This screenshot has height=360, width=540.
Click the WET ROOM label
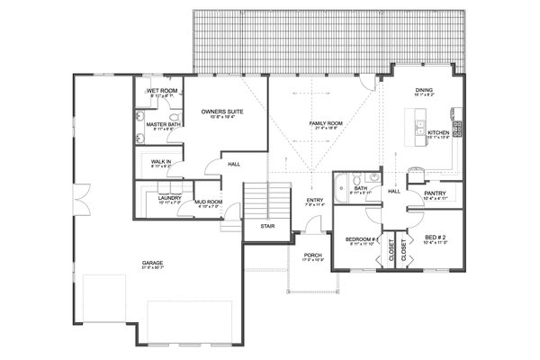tap(161, 91)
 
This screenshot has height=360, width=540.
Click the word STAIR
tap(267, 226)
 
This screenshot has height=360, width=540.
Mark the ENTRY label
tap(314, 201)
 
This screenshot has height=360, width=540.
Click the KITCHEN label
tap(438, 132)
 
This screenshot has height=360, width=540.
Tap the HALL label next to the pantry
tap(393, 191)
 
